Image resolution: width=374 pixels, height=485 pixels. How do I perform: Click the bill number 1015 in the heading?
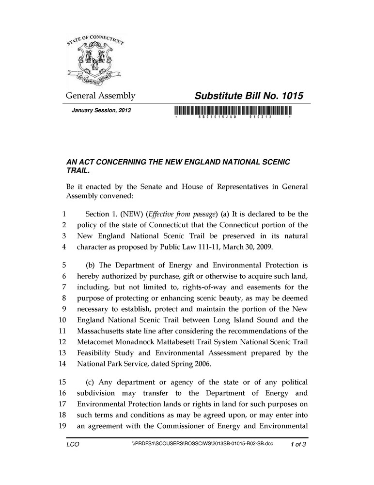289,96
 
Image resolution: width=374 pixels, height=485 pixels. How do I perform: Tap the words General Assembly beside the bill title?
100,96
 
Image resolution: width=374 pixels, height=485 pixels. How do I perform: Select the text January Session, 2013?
101,110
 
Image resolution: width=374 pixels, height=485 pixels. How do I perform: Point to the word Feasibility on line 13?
95,353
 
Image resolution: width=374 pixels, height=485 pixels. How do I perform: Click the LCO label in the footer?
73,444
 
